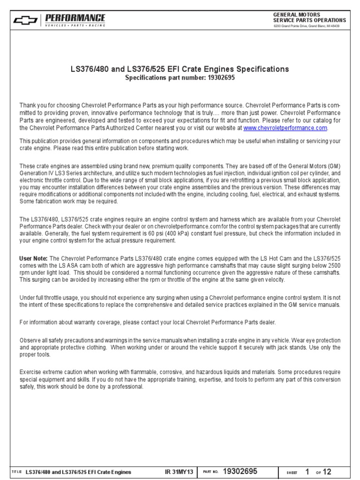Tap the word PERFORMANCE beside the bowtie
point(75,17)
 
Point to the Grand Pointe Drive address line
point(307,26)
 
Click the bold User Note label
point(33,258)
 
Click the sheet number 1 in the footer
point(307,471)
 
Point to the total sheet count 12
point(327,471)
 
